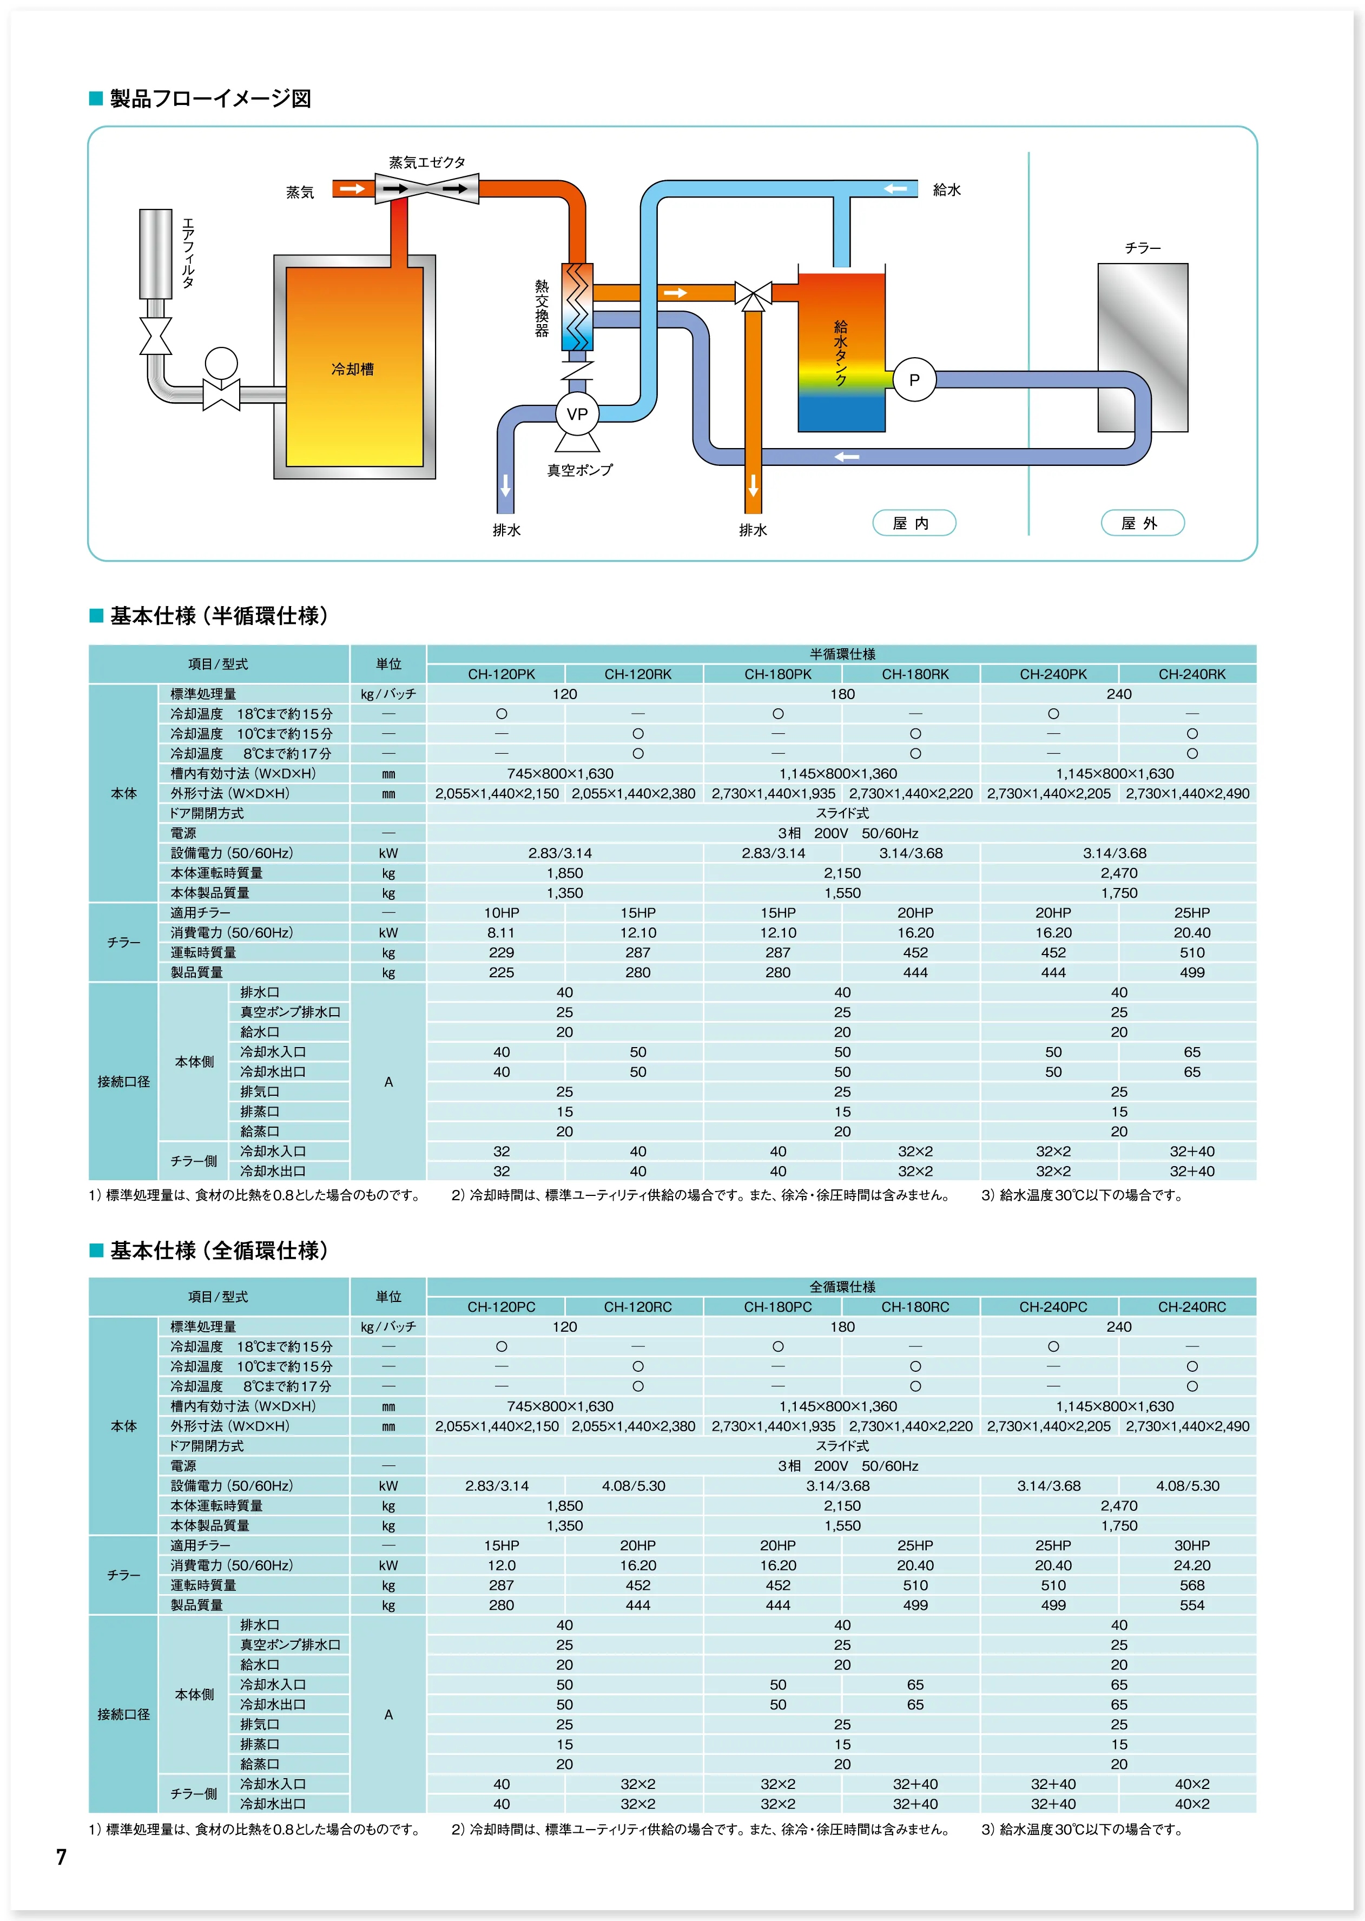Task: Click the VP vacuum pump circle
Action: (x=577, y=413)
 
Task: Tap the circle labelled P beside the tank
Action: (x=914, y=380)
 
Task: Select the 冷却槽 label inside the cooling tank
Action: (x=353, y=369)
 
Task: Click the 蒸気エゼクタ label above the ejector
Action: (x=427, y=162)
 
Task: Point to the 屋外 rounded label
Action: (x=1142, y=523)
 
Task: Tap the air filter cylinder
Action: (x=155, y=253)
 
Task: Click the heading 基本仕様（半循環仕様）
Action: (x=219, y=616)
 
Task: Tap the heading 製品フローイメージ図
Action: (x=210, y=99)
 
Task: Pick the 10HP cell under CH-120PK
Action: (x=501, y=913)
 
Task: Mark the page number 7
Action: (x=61, y=1857)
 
